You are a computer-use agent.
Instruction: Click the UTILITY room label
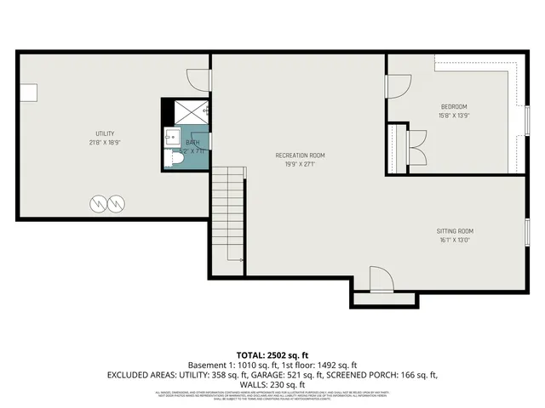point(106,133)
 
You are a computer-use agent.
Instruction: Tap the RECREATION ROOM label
point(300,155)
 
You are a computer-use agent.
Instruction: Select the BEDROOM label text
point(453,106)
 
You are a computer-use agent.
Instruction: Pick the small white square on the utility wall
point(28,91)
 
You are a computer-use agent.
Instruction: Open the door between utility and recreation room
point(199,80)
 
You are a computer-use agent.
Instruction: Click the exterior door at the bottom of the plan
point(381,280)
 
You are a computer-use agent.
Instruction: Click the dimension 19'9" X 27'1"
point(300,164)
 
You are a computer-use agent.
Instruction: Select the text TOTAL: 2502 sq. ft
point(272,354)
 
